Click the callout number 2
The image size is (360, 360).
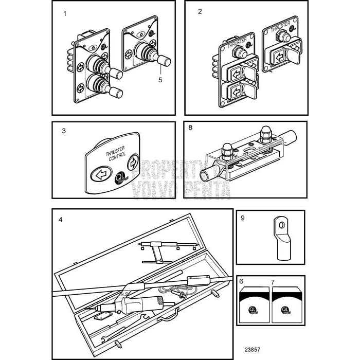click(x=200, y=11)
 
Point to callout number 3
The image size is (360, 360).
click(x=63, y=131)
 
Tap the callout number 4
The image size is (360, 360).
click(x=60, y=220)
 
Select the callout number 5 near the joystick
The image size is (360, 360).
click(x=160, y=80)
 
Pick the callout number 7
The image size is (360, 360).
click(x=273, y=282)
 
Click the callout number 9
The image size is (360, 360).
click(x=243, y=218)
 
